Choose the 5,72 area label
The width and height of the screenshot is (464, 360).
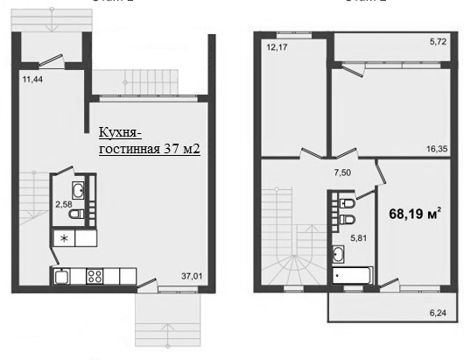pyautogui.click(x=438, y=41)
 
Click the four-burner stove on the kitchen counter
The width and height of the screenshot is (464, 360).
pyautogui.click(x=95, y=277)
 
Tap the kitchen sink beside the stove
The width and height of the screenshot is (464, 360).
pyautogui.click(x=62, y=277)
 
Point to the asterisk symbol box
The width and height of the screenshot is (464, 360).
pyautogui.click(x=62, y=237)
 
